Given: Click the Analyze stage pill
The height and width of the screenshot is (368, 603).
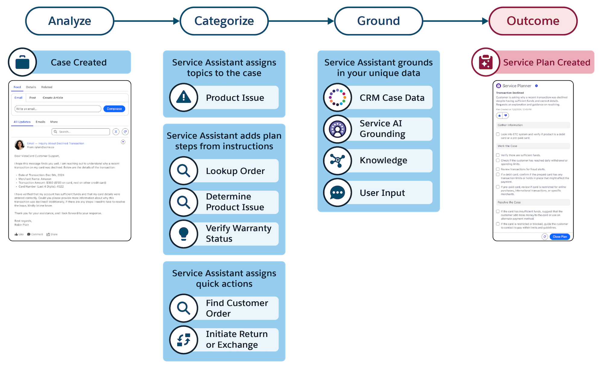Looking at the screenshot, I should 70,21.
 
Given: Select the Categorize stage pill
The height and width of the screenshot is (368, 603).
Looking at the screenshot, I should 224,21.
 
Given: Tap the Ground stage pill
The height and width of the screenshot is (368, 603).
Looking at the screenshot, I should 378,21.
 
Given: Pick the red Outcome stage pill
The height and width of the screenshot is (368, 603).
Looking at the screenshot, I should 533,21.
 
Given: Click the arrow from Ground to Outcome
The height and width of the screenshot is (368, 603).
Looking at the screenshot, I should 455,21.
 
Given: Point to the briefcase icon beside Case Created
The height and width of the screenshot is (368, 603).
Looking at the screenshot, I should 23,62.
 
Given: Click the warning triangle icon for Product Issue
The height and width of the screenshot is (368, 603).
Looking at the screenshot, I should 184,97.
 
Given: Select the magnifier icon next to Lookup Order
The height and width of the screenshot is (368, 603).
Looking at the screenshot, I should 184,171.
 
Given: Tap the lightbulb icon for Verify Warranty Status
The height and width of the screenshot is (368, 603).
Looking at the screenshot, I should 184,234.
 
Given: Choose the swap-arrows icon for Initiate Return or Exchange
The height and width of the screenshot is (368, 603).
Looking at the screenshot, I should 184,340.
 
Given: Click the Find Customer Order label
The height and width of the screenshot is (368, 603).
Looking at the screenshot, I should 237,308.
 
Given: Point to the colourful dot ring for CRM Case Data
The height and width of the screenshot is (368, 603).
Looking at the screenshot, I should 337,97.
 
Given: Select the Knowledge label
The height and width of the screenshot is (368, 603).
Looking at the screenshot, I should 383,160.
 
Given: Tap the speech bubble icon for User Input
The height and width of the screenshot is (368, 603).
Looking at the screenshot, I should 337,192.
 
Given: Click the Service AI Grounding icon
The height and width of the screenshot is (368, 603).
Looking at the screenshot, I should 337,129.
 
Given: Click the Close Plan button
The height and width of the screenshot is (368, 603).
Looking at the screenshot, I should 560,237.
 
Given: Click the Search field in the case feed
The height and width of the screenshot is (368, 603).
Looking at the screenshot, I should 81,132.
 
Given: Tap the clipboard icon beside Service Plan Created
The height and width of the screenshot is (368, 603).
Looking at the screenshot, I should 485,62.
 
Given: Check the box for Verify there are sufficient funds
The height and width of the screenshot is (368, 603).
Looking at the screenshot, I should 498,155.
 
